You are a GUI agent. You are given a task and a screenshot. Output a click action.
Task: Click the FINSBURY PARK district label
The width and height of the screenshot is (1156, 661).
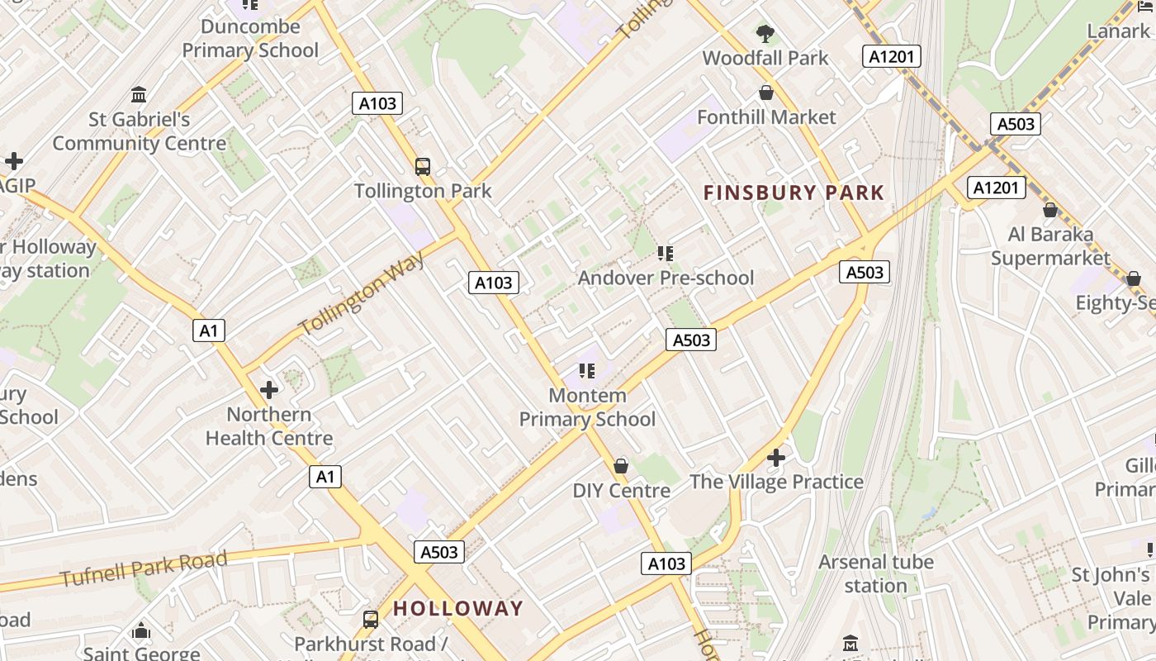click(x=794, y=193)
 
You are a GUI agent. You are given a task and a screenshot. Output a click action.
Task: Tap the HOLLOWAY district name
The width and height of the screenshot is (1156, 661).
click(x=458, y=609)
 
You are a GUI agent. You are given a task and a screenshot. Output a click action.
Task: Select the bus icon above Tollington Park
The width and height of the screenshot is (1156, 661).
click(x=423, y=167)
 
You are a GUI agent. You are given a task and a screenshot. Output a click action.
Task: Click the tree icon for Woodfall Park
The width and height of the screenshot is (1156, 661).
click(x=765, y=34)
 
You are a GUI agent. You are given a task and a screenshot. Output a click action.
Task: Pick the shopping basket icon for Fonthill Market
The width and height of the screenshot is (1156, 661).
click(x=766, y=93)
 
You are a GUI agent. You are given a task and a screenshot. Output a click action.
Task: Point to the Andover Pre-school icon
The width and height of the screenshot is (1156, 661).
click(x=666, y=254)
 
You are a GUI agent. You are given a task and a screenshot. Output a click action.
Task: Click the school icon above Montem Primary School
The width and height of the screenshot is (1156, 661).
click(x=587, y=371)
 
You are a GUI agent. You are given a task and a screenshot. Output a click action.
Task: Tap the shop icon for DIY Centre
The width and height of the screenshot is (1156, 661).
click(x=621, y=466)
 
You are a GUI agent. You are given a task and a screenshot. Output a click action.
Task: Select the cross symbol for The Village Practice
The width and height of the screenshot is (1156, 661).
click(x=776, y=457)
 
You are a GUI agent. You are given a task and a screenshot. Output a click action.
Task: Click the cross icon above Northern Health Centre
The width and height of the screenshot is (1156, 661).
click(x=269, y=390)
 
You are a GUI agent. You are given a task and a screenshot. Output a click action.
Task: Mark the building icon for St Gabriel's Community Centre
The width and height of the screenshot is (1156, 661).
click(x=139, y=95)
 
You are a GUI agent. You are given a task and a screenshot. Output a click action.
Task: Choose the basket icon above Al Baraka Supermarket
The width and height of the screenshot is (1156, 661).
click(x=1050, y=210)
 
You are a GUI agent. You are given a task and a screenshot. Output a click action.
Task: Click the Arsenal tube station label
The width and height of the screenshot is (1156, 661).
click(x=876, y=574)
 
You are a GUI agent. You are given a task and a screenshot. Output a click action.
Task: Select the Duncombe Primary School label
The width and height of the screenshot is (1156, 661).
click(x=250, y=38)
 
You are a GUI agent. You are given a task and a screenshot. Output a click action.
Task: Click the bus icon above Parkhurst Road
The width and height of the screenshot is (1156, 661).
click(x=371, y=619)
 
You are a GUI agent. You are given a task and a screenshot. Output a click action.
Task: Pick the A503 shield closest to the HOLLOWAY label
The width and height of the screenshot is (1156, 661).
click(x=439, y=552)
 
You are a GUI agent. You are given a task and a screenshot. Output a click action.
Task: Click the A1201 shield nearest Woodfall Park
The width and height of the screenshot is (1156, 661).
click(x=892, y=56)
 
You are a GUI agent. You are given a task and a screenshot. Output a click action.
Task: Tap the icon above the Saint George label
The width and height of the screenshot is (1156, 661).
click(x=141, y=631)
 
